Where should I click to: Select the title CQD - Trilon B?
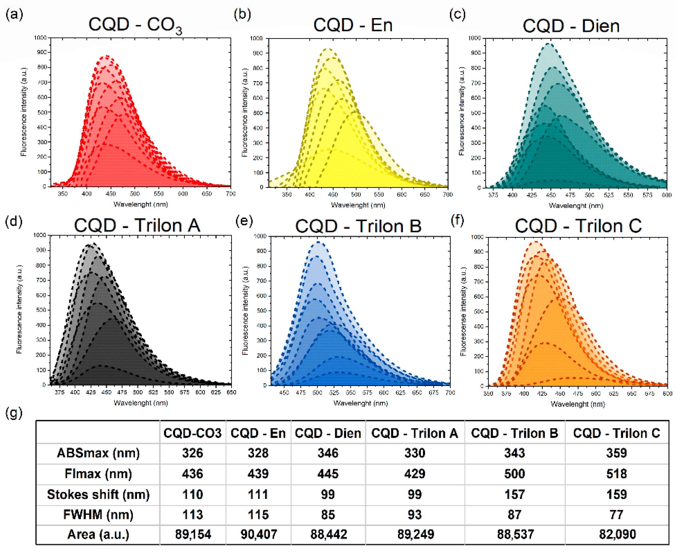pos(358,226)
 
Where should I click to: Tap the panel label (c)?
pos(457,15)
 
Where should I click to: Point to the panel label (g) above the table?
pos(14,413)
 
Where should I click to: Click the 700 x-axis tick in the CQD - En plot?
pos(448,194)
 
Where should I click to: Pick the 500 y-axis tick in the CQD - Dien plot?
pos(475,113)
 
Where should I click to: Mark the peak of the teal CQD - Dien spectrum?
pos(549,44)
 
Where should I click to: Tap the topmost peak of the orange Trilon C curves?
pos(536,242)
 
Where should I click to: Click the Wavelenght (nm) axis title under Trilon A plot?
pos(141,403)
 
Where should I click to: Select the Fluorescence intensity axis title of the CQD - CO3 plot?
pos(24,112)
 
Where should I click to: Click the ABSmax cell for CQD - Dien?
pos(328,453)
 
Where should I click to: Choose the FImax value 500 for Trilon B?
pos(514,473)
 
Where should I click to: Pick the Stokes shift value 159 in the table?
pos(616,494)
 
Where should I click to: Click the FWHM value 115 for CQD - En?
pos(258,515)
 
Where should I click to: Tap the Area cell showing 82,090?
pos(617,534)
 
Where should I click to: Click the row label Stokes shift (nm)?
pos(98,494)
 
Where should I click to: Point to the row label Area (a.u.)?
pos(98,534)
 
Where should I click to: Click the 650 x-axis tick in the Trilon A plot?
pos(231,392)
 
